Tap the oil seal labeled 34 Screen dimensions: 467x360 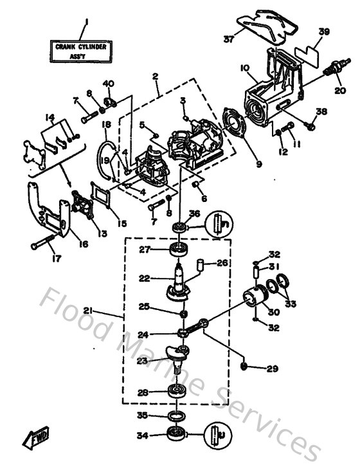(x=175, y=434)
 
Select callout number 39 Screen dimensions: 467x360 (x=323, y=32)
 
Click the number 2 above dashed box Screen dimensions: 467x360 (x=155, y=77)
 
